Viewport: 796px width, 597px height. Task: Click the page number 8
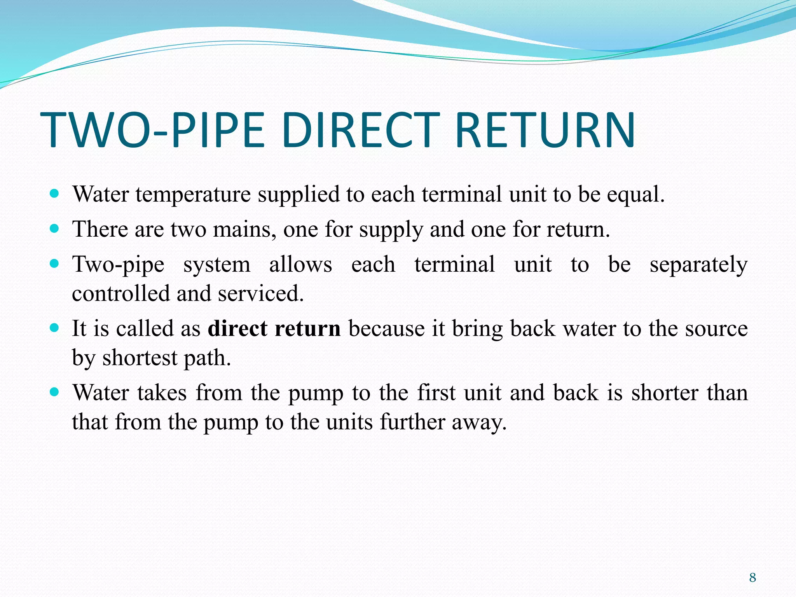(752, 578)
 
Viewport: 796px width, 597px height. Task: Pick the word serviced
(260, 294)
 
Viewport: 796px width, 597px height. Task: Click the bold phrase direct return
(274, 329)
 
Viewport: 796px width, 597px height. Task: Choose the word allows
(300, 265)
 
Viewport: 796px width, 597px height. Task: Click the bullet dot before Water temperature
(55, 193)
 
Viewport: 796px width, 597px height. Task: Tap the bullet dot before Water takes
(55, 391)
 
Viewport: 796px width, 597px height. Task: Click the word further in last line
(412, 422)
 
